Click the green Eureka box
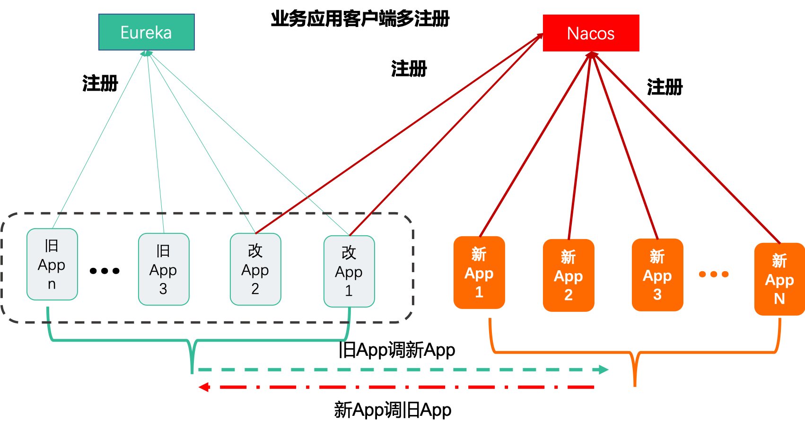point(146,32)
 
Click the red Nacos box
point(591,33)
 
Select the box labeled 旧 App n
point(52,264)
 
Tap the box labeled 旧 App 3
point(164,269)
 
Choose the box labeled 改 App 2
point(255,269)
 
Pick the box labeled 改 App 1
point(349,271)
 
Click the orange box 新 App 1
point(479,273)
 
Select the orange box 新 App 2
point(569,275)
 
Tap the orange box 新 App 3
point(657,275)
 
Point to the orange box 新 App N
point(779,279)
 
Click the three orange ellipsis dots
point(714,274)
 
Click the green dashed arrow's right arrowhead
point(604,370)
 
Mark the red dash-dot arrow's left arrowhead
point(203,387)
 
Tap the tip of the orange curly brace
point(635,384)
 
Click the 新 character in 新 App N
point(779,260)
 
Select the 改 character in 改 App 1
point(349,253)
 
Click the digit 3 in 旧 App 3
point(163,289)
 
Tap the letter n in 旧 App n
point(52,284)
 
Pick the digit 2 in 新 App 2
point(569,295)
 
